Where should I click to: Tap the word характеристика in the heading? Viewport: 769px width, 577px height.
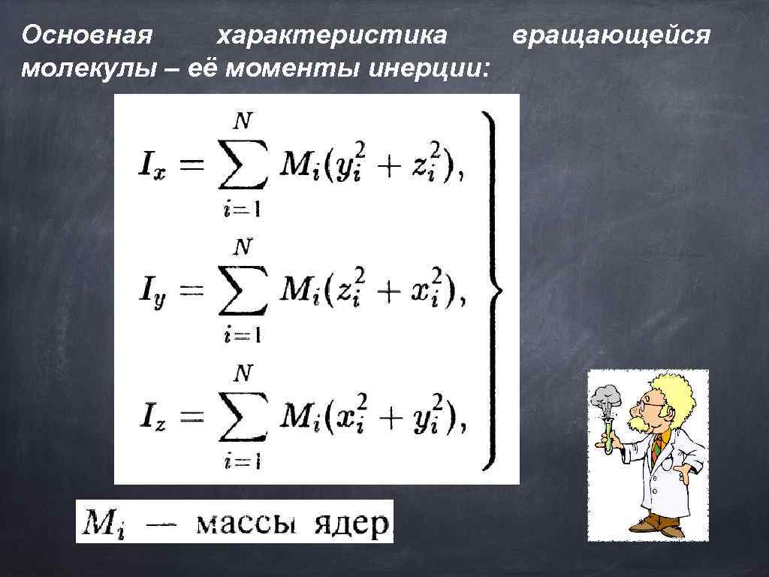(331, 35)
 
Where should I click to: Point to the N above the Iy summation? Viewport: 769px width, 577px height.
(243, 247)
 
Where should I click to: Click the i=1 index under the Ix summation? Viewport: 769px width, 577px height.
(242, 210)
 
